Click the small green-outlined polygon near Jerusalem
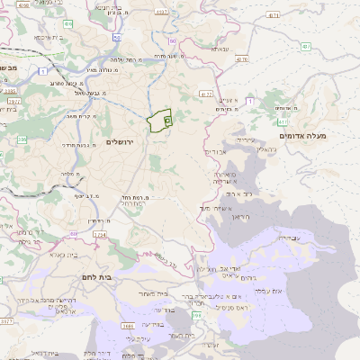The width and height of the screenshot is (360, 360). tap(159, 121)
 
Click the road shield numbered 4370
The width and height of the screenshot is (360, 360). tap(241, 59)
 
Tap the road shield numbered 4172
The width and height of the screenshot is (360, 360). tap(206, 93)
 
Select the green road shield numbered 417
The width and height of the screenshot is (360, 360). tap(283, 121)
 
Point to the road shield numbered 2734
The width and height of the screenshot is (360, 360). tap(99, 234)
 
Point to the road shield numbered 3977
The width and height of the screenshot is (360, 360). tap(13, 102)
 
